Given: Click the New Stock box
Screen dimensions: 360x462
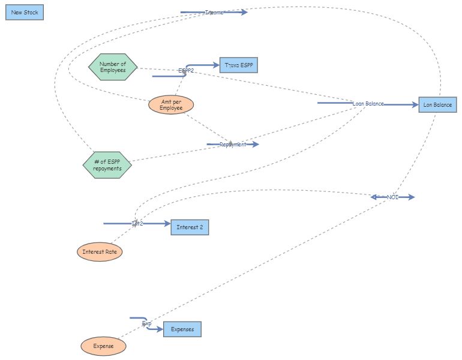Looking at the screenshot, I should coord(25,12).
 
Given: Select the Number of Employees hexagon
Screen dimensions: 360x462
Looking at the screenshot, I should coord(113,67).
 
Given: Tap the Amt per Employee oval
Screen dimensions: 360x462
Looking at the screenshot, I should coord(171,105).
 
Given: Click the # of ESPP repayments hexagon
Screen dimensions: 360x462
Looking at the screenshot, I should coord(107,165).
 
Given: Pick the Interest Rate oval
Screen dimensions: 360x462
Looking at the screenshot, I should coord(100,252).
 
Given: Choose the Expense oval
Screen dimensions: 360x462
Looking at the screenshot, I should coord(104,346).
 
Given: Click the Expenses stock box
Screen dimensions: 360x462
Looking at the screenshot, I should coord(182,329).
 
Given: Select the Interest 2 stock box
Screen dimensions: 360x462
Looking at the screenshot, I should coord(190,227).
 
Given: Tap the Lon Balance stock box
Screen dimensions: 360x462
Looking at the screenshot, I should coord(437,105).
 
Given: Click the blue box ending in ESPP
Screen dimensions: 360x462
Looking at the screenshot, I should coord(239,65).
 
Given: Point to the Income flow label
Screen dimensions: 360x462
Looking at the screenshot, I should coord(214,13).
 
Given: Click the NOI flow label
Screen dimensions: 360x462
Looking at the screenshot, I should coord(392,197).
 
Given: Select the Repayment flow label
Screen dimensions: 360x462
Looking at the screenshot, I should coord(233,145).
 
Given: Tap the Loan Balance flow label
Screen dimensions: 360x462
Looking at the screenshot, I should coord(368,104).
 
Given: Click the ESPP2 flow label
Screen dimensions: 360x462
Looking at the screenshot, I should coord(186,71).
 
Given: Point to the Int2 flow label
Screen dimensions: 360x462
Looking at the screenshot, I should coord(137,224).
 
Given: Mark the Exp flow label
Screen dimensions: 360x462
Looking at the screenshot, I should coord(146,323).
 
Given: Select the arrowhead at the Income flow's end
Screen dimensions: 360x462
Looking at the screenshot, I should coord(244,12).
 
